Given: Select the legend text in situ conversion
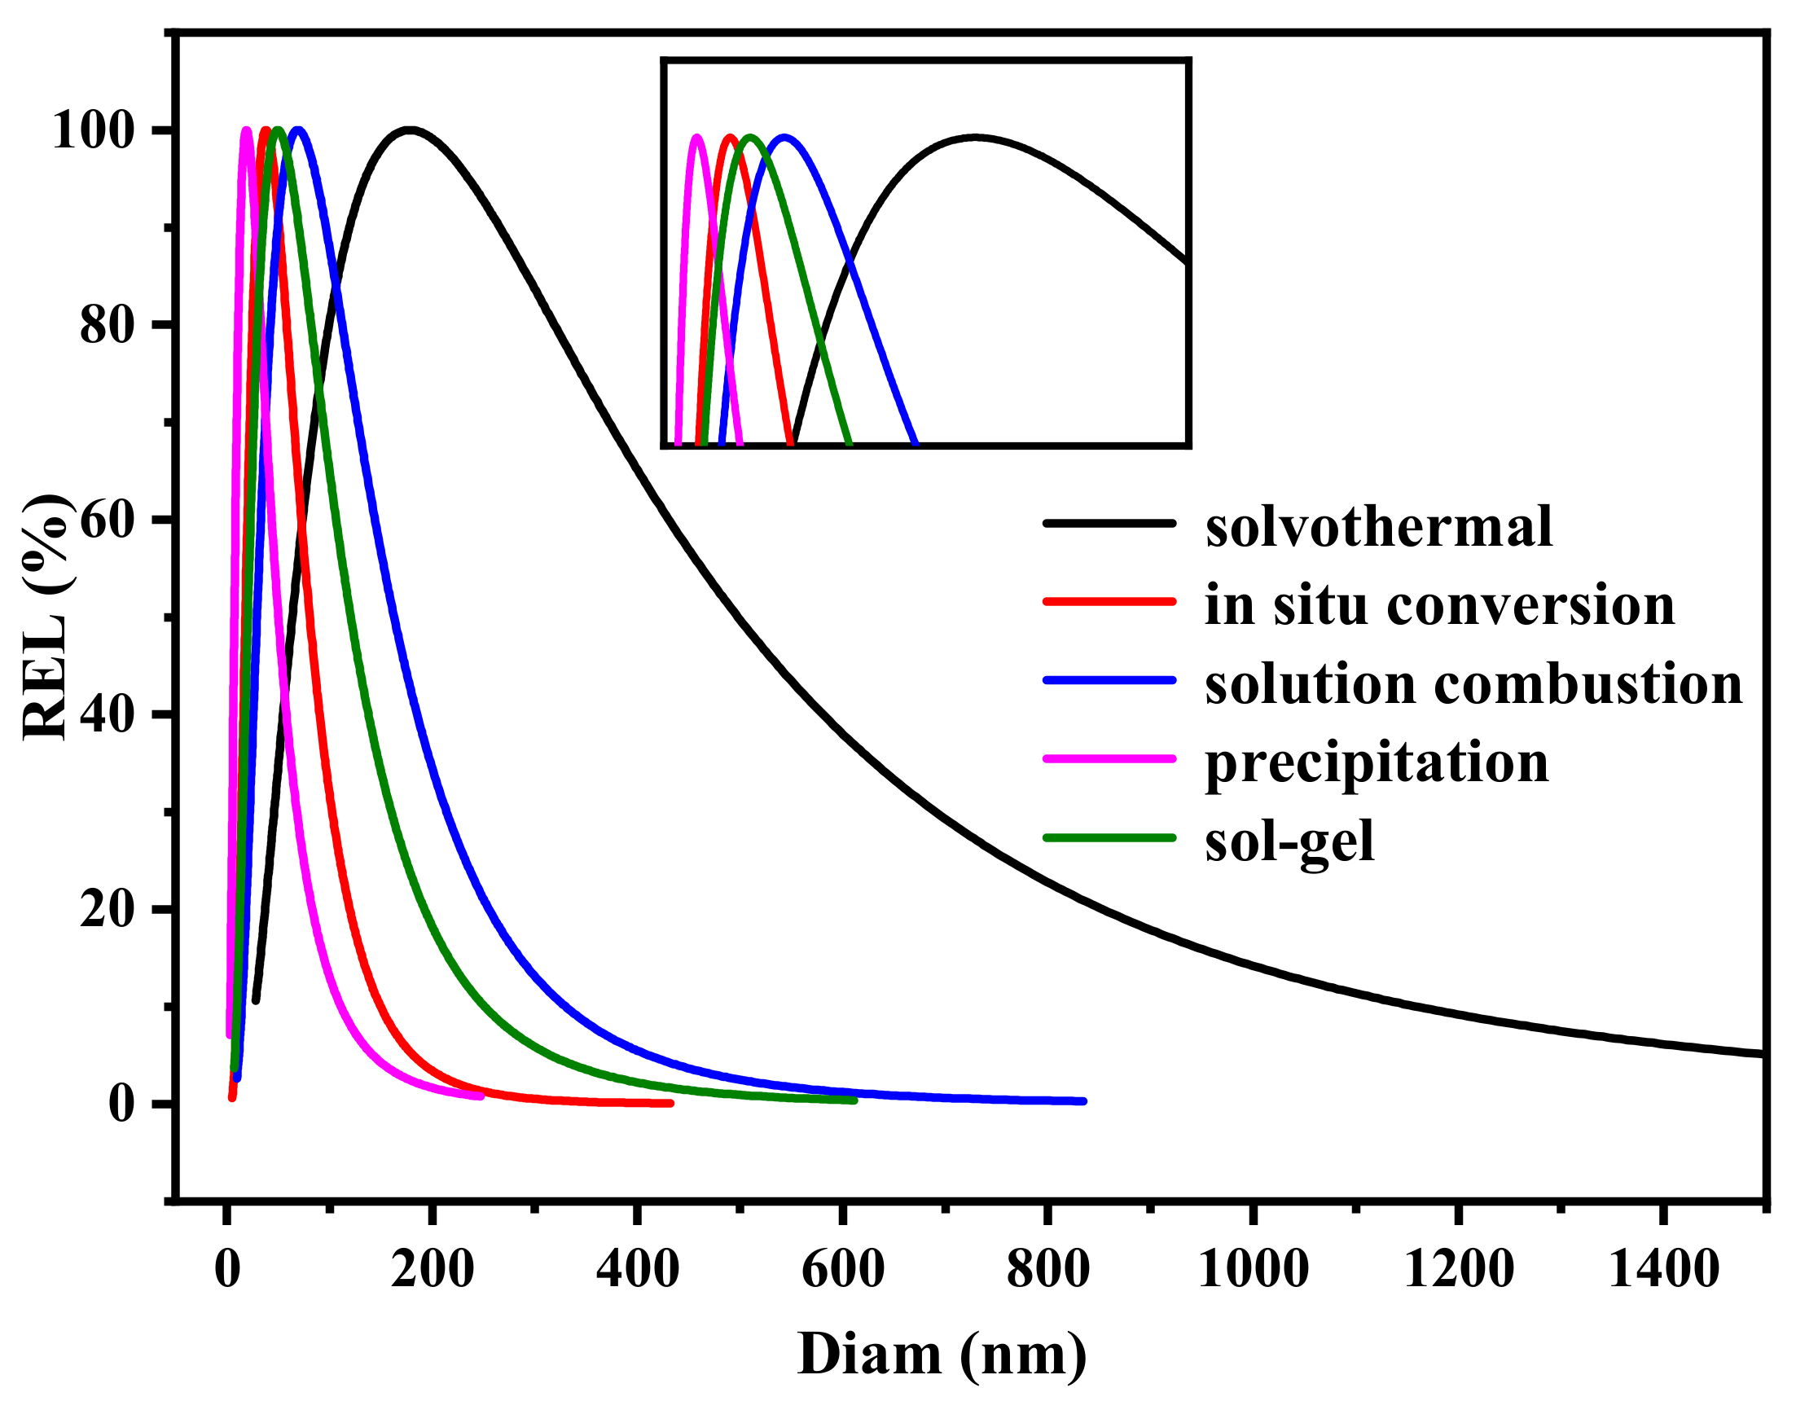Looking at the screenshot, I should click(x=1439, y=605).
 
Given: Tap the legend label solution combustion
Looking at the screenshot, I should click(x=1473, y=684).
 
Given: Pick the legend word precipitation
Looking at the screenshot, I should click(x=1377, y=762).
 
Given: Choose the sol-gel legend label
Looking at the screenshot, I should click(x=1289, y=841).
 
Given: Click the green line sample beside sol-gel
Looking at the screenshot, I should click(x=1109, y=838).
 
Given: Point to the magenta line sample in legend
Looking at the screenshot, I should click(x=1109, y=758).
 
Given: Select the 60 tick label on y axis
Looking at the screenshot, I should click(x=107, y=520).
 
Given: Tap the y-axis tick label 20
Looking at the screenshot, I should click(x=107, y=909).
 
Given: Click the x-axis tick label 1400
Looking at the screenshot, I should click(x=1664, y=1269).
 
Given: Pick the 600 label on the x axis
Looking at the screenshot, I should click(x=843, y=1269).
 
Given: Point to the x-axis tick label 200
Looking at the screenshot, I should click(x=432, y=1269).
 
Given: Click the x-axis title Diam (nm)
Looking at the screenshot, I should click(x=942, y=1355).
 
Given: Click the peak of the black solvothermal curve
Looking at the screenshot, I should click(x=410, y=130).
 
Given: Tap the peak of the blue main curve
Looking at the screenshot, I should click(x=298, y=130).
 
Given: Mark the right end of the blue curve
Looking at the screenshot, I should click(x=1082, y=1101).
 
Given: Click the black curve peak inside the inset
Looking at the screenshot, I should click(x=976, y=138).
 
